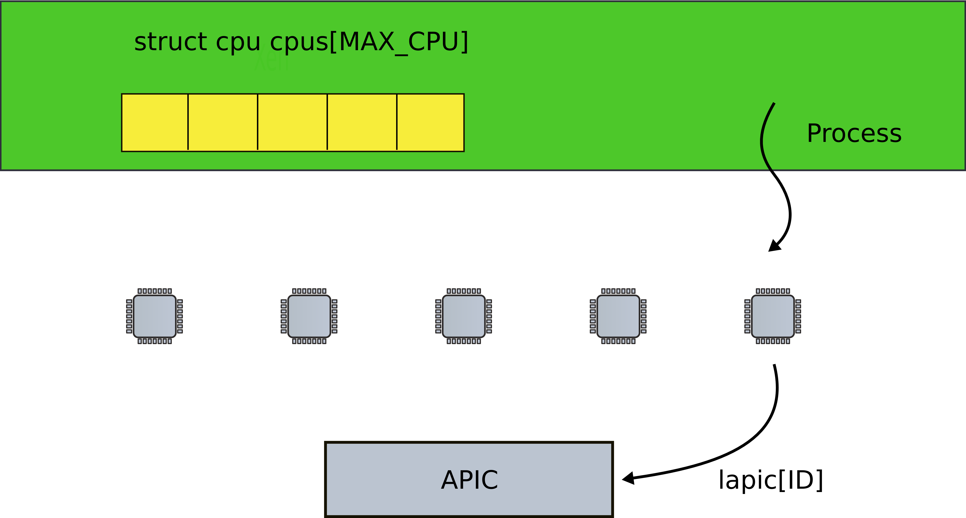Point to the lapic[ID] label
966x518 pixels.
pos(771,480)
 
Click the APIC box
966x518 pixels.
pos(469,479)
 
